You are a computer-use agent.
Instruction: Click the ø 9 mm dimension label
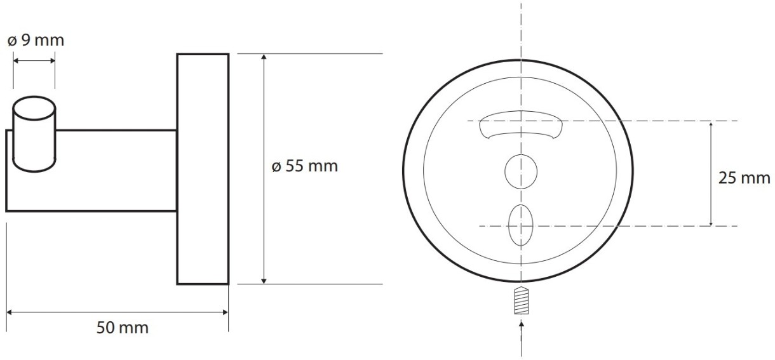[36, 40]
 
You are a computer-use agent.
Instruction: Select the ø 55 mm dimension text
[304, 166]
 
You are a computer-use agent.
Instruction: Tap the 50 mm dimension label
[123, 328]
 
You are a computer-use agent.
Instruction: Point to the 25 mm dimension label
[744, 178]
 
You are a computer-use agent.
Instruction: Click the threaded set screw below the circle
[522, 300]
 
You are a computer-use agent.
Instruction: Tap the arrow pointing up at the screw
[522, 338]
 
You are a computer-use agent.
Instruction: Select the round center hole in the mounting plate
[521, 171]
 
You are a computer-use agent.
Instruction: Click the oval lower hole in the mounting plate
[521, 225]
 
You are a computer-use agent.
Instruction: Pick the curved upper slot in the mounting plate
[521, 124]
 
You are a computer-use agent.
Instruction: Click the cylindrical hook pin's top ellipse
[34, 108]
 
